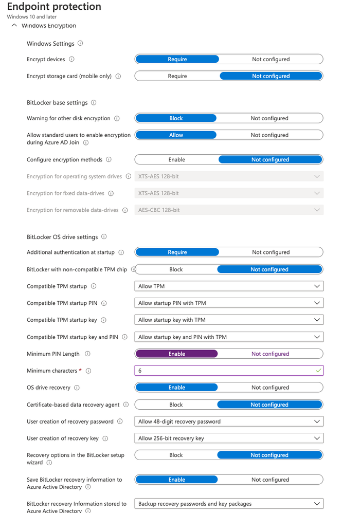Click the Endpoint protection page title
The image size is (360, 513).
coord(54,7)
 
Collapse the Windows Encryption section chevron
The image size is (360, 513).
coord(14,25)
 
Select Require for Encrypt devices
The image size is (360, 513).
coord(177,59)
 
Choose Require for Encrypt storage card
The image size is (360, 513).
coord(177,76)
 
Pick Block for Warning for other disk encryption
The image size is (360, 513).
coord(176,118)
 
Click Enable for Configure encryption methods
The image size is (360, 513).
coord(176,159)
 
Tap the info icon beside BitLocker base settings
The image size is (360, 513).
coord(93,103)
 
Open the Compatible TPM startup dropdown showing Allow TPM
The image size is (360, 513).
coord(229,286)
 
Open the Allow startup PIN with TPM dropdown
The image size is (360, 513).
coord(229,303)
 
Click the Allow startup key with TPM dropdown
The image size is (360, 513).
coord(229,320)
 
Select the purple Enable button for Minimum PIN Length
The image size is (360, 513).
coord(176,354)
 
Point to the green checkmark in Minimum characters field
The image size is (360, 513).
coord(318,371)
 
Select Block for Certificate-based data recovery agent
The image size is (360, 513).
coord(176,405)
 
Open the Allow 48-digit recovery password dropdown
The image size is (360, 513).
coord(229,422)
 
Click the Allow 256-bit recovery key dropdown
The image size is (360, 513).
coord(229,438)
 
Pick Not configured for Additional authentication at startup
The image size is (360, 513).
coord(271,252)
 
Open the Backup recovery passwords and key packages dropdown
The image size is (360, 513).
coord(229,504)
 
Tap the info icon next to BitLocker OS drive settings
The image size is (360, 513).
coord(104,237)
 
